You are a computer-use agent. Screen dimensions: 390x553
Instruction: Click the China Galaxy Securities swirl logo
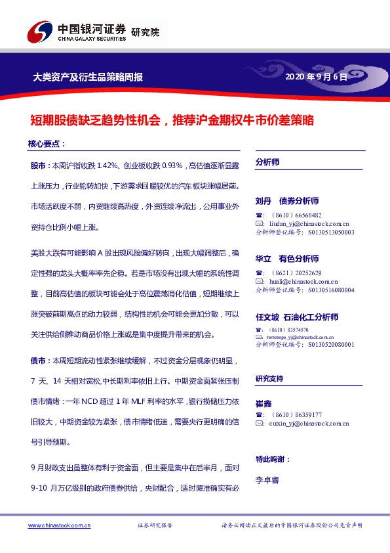pyautogui.click(x=39, y=31)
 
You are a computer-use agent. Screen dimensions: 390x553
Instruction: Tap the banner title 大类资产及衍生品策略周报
pyautogui.click(x=88, y=77)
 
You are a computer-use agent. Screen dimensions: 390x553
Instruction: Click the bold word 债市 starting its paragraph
pyautogui.click(x=38, y=361)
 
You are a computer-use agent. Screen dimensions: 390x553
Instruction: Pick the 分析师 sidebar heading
pyautogui.click(x=267, y=162)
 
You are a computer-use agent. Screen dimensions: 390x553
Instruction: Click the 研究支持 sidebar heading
pyautogui.click(x=269, y=378)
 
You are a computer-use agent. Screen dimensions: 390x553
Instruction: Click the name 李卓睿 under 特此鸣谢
pyautogui.click(x=267, y=480)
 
